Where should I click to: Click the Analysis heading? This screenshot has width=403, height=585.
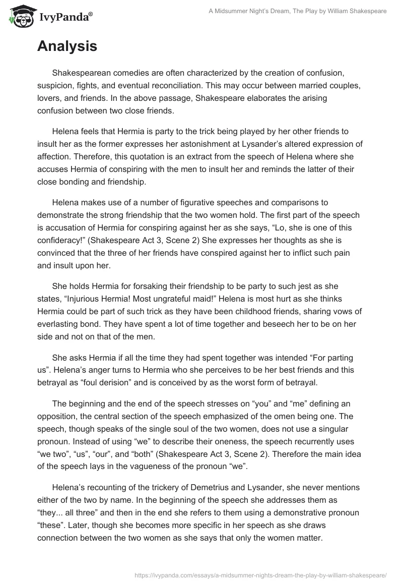67,46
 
